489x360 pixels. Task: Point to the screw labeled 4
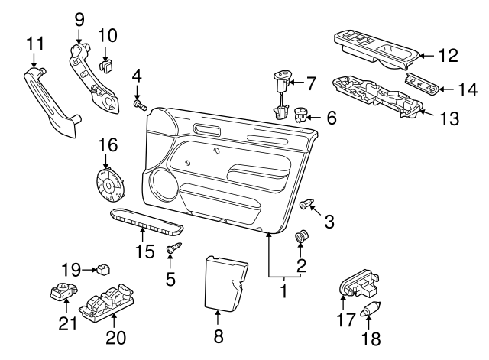pyautogui.click(x=140, y=103)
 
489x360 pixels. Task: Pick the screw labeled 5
pyautogui.click(x=173, y=248)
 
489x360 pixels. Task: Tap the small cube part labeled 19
pyautogui.click(x=101, y=269)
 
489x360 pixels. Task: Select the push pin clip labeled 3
pyautogui.click(x=306, y=203)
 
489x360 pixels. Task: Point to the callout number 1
pyautogui.click(x=283, y=291)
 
